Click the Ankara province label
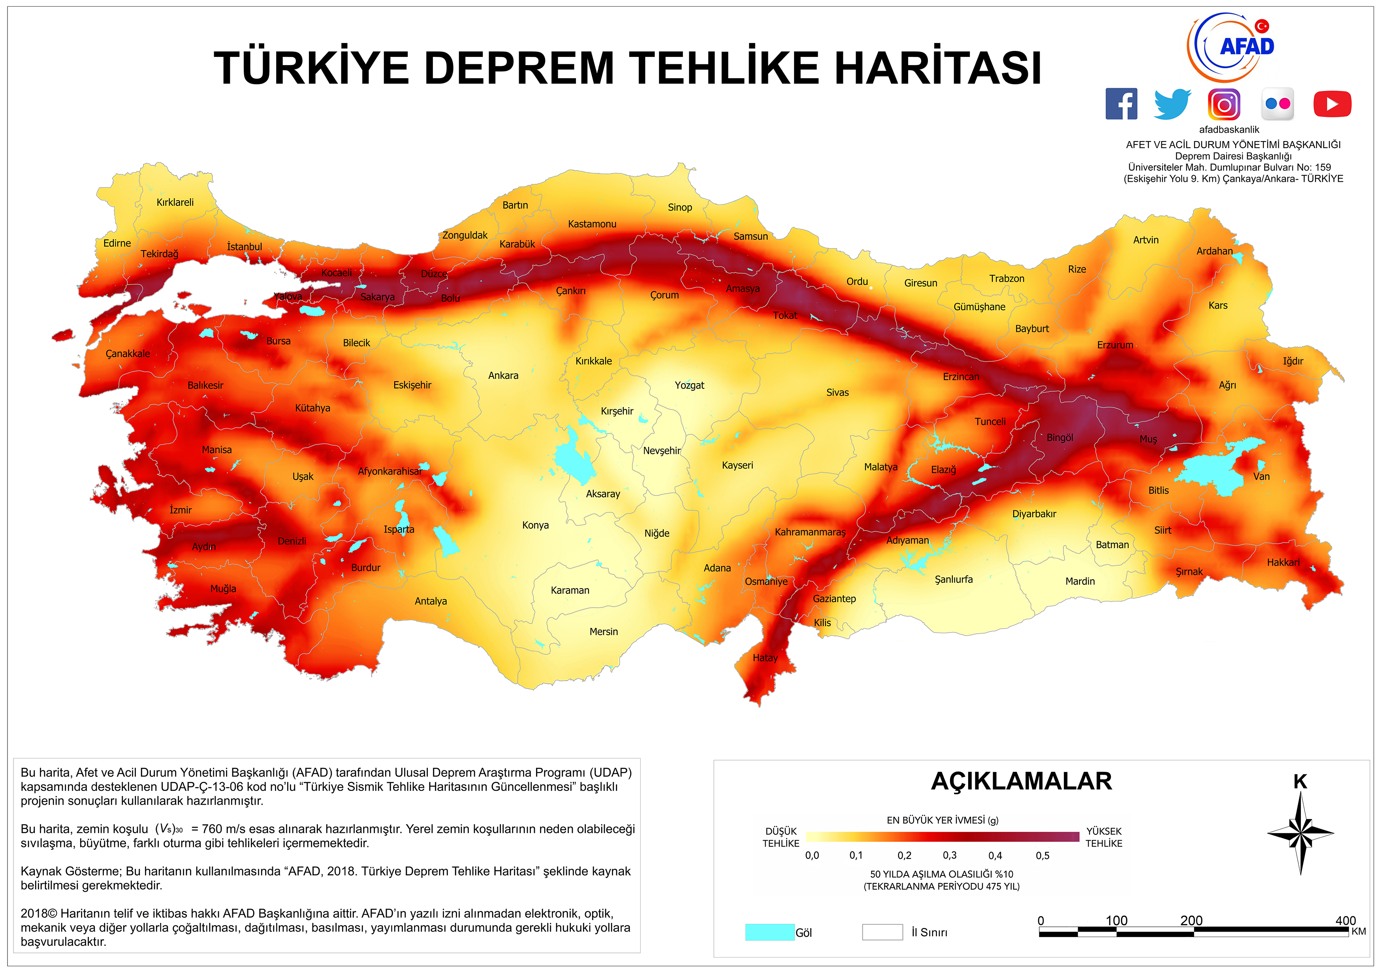(x=503, y=375)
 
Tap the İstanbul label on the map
(x=244, y=247)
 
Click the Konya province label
(x=535, y=525)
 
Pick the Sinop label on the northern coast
(x=680, y=207)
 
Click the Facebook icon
(x=1121, y=104)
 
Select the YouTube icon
(x=1332, y=104)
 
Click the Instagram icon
(x=1224, y=104)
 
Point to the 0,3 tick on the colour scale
(x=950, y=855)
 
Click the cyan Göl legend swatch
(x=769, y=932)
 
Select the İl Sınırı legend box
(x=882, y=932)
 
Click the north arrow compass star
(x=1300, y=833)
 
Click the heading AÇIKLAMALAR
(x=1021, y=781)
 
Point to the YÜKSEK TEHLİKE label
(x=1104, y=837)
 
